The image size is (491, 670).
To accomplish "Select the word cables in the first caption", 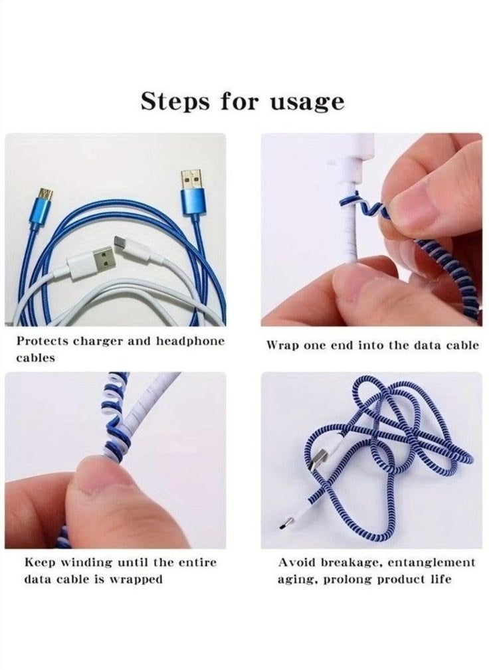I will coord(35,358).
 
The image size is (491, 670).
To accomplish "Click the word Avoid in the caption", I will coord(296,562).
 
